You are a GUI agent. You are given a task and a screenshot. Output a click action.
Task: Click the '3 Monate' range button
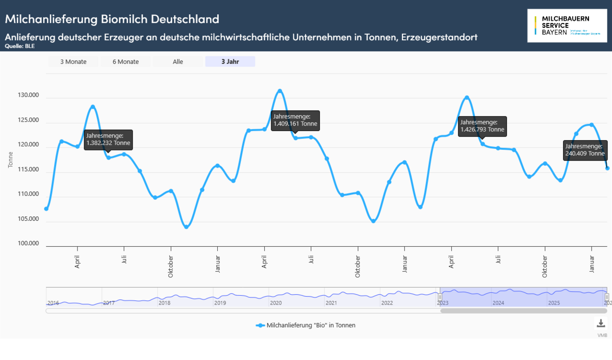(x=73, y=62)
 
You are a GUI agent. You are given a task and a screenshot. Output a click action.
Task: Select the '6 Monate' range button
(x=125, y=62)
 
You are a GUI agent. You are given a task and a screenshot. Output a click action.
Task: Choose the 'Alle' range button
(x=178, y=62)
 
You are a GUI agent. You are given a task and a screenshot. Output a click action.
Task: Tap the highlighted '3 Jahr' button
(x=230, y=62)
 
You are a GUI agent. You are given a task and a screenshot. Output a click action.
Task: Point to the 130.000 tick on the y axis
(x=29, y=96)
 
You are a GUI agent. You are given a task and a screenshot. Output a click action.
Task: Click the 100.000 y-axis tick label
(x=29, y=244)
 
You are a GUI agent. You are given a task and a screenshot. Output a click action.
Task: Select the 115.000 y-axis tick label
(x=29, y=170)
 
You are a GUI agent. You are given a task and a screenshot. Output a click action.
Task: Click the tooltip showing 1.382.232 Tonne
(x=108, y=139)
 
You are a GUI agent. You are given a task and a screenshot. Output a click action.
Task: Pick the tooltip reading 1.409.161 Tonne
(x=295, y=120)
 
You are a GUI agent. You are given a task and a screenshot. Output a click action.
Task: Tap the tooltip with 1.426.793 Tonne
(x=482, y=126)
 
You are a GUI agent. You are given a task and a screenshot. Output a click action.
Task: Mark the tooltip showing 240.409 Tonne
(x=585, y=149)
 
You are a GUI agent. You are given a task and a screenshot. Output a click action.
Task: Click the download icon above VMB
(x=601, y=323)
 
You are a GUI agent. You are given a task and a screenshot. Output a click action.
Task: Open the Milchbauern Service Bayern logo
(x=567, y=25)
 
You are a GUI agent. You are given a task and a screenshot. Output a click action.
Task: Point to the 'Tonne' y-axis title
(x=11, y=160)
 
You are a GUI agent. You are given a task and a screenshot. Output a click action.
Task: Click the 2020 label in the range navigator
(x=275, y=303)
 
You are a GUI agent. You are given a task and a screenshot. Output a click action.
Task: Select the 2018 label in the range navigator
(x=164, y=303)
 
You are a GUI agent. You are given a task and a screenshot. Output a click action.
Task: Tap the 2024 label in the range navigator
(x=498, y=303)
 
